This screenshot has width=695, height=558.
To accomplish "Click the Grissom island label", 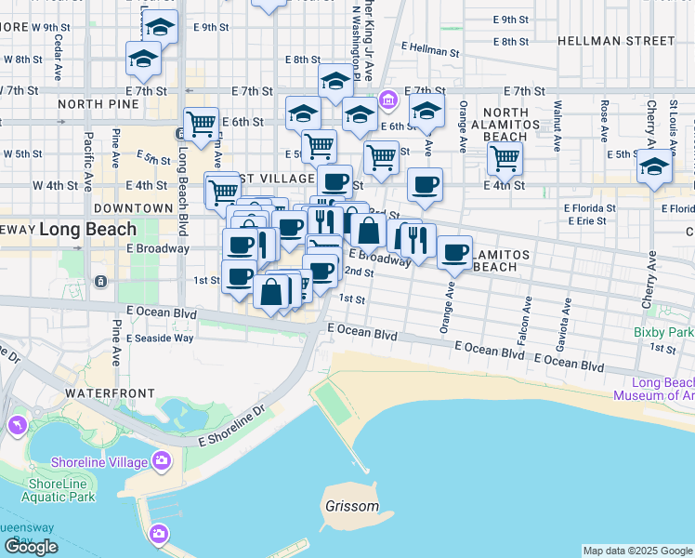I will tap(352, 507).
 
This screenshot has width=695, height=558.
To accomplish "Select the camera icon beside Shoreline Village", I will tap(163, 460).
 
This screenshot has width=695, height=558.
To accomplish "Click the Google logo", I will tap(31, 547).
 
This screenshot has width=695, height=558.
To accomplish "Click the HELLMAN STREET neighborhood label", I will tap(616, 41).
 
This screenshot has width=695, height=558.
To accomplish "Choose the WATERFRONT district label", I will tap(102, 393).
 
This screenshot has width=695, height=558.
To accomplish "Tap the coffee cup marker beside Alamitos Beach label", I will tap(454, 253).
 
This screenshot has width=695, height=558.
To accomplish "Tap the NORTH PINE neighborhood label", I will tap(85, 104).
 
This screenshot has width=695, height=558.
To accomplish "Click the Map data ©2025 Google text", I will tap(636, 551).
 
